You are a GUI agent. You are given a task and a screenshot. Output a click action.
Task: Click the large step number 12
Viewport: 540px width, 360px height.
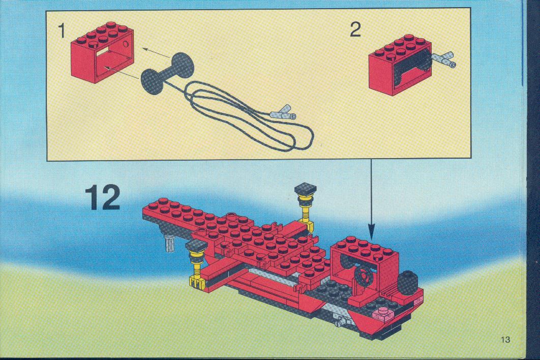[x=103, y=197]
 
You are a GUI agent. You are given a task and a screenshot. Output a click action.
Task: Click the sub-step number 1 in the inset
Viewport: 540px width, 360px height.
[x=62, y=31]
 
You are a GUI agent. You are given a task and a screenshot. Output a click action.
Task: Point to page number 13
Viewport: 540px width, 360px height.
[x=505, y=339]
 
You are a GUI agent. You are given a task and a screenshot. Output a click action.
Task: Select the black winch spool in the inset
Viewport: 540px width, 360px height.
[x=167, y=73]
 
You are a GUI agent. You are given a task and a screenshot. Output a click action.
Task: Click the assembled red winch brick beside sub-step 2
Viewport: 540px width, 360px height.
[x=400, y=65]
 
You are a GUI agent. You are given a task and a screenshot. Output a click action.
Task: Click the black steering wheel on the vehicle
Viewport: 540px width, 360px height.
[x=364, y=276]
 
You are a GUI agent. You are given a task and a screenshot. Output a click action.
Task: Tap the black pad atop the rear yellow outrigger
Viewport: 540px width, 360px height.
[x=306, y=189]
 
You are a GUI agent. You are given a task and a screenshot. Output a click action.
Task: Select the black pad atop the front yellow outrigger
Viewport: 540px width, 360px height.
[x=196, y=246]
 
